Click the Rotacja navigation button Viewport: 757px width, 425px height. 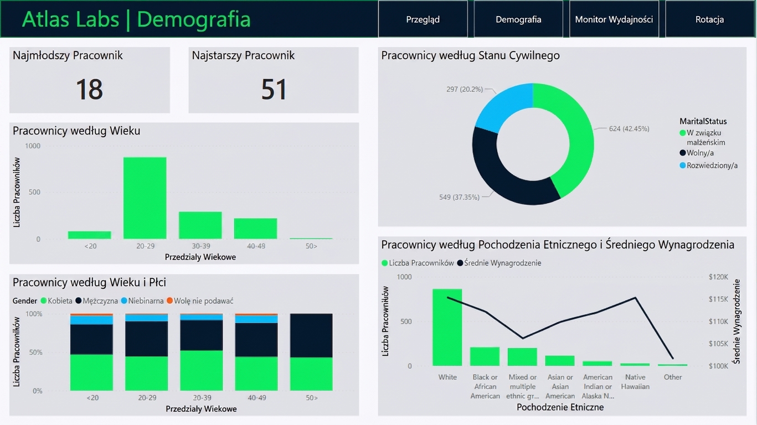coord(710,19)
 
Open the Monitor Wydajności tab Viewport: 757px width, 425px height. coord(614,19)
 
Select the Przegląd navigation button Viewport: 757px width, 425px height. coord(423,19)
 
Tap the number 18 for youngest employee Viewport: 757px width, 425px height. coord(89,89)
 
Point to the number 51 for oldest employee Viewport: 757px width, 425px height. coord(274,89)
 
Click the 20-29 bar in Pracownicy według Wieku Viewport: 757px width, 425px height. coord(145,198)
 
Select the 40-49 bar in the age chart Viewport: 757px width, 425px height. coord(255,229)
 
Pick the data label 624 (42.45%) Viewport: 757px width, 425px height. coord(629,129)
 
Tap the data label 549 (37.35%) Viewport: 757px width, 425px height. coord(459,197)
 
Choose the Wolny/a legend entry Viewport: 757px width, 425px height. coord(697,153)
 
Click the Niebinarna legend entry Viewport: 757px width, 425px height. coord(142,300)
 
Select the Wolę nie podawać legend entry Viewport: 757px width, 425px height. coord(200,300)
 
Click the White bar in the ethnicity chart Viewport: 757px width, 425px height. coord(447,328)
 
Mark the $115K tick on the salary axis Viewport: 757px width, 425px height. coord(718,299)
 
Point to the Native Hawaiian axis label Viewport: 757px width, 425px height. coord(635,382)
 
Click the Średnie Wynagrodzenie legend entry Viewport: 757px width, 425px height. coord(499,263)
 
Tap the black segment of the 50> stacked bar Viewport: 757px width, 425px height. coord(311,335)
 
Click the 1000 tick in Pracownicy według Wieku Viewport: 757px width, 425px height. coord(33,146)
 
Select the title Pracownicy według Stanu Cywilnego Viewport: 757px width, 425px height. coord(470,55)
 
